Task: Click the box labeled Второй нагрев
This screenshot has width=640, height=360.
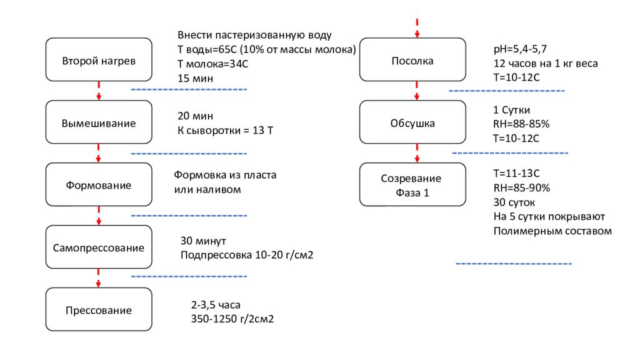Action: (99, 61)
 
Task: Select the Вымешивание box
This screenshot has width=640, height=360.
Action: (99, 123)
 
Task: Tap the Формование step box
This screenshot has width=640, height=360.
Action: (99, 186)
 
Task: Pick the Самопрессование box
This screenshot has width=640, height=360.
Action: (99, 247)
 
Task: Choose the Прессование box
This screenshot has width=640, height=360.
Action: (99, 311)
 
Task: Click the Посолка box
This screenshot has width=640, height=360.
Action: (412, 61)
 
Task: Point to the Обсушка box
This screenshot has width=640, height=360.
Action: (412, 123)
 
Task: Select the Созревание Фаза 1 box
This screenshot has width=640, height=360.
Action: (412, 186)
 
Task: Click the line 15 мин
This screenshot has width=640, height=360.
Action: (195, 79)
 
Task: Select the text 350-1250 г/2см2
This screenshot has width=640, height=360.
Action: (232, 319)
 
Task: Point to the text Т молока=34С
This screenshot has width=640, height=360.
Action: (214, 64)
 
